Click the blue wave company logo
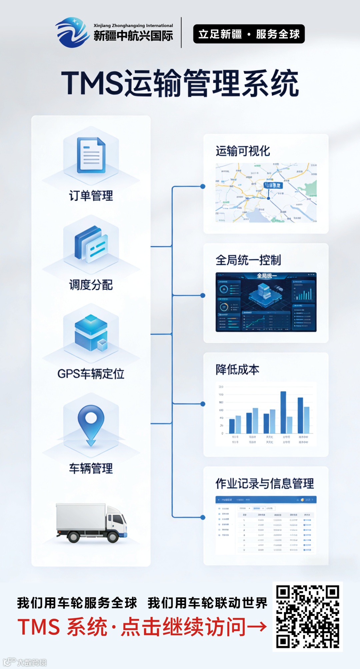pyautogui.click(x=72, y=33)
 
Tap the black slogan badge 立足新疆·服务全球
pyautogui.click(x=249, y=34)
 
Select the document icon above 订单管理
pyautogui.click(x=91, y=155)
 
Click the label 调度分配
pyautogui.click(x=91, y=285)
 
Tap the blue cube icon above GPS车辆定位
pyautogui.click(x=91, y=332)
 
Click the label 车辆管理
pyautogui.click(x=91, y=469)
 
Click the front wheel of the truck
pyautogui.click(x=112, y=537)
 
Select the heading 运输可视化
pyautogui.click(x=243, y=151)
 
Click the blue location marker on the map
pyautogui.click(x=268, y=198)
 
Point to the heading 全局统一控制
pyautogui.click(x=248, y=260)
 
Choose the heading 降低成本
pyautogui.click(x=237, y=370)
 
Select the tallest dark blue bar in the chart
pyautogui.click(x=283, y=412)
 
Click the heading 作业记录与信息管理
pyautogui.click(x=265, y=483)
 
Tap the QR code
pyautogui.click(x=307, y=617)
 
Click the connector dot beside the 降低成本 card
pyautogui.click(x=203, y=404)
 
